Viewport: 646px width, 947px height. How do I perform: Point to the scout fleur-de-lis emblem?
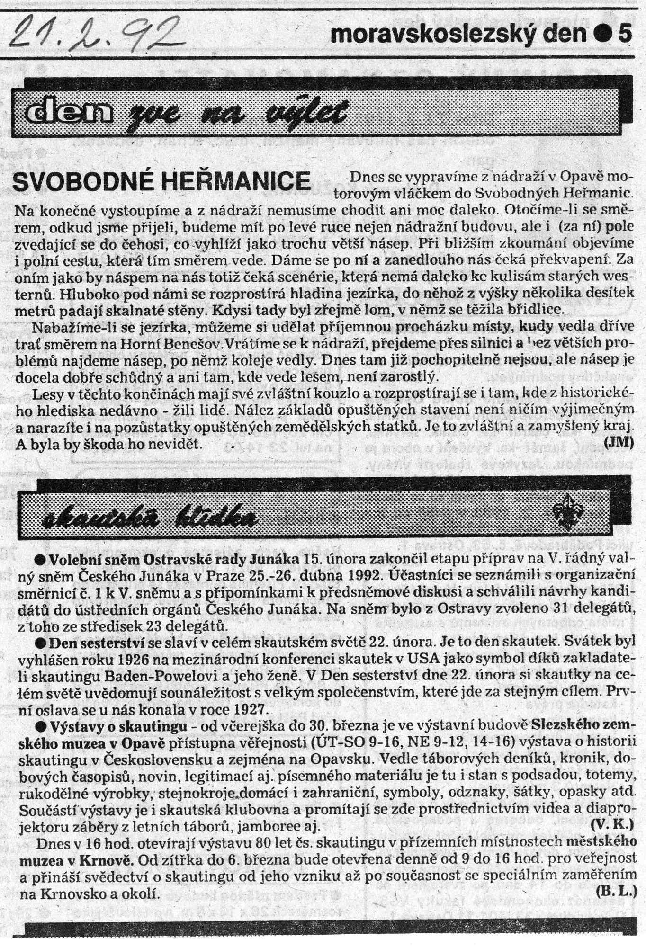click(x=566, y=515)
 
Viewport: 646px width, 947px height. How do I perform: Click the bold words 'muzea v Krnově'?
click(x=78, y=858)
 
